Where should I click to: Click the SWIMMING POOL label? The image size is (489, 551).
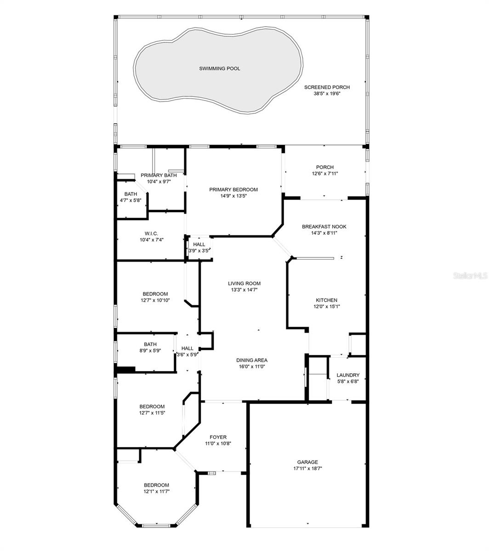coord(219,68)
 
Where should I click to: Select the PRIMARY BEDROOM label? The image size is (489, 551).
coord(233,190)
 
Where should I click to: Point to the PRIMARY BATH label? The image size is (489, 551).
coord(159,175)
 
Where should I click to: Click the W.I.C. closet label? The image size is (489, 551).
coord(151,234)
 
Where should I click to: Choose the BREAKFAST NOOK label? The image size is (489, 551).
coord(324,227)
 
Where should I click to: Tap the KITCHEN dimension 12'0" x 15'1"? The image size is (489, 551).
coord(326,306)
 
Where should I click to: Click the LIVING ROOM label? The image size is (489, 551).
coord(244,284)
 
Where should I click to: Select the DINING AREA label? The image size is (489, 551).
coord(251,360)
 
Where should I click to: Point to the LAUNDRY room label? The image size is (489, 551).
coord(348,375)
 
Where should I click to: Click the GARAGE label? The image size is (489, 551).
coord(307,462)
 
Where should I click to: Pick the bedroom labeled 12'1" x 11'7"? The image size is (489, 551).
coord(156,488)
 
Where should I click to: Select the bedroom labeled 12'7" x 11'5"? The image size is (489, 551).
coord(152,410)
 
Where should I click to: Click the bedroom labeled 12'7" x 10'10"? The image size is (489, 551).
coord(155,297)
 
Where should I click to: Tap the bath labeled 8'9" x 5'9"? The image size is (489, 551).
coord(150,347)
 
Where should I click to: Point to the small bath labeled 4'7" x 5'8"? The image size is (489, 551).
coord(131,197)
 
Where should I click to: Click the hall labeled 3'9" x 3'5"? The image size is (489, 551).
coord(199,247)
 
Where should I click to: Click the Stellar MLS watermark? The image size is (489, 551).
coord(470,276)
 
